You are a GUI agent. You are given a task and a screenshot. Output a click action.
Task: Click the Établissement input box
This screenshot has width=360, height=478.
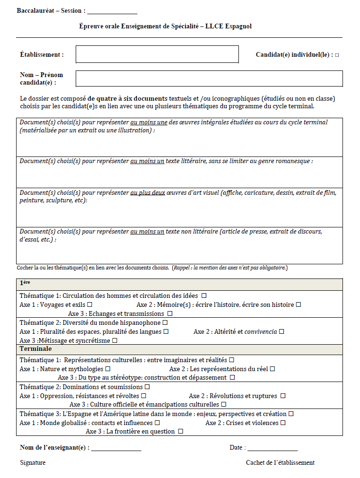pos(157,54)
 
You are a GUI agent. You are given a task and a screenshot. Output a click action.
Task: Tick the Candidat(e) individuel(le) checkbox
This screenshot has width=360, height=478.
pos(337,55)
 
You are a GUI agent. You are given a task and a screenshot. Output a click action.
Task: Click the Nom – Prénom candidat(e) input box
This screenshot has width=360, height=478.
pos(209,78)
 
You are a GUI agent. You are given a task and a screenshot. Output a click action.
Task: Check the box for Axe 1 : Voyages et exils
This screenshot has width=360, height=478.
pos(89,305)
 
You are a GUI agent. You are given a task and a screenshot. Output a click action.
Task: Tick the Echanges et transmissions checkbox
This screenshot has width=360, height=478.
pos(170,313)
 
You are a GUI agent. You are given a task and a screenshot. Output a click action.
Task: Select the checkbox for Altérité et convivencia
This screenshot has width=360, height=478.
pos(281,332)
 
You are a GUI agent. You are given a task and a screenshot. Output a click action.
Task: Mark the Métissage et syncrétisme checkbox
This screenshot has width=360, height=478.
pos(114,340)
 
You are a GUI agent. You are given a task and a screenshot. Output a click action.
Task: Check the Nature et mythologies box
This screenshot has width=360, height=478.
pos(108,369)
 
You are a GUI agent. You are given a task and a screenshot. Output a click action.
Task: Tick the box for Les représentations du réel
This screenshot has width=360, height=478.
pos(272,369)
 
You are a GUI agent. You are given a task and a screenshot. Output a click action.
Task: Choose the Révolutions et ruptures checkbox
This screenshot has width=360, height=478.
pos(283,396)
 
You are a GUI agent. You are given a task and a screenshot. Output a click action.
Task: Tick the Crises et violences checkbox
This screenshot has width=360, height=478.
pos(283,423)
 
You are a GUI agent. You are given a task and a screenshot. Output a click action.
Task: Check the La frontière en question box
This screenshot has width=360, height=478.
pos(180,432)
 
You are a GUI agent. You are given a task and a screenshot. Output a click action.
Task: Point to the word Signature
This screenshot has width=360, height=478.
pos(33,463)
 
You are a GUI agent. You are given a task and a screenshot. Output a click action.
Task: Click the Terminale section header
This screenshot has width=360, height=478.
pos(36,349)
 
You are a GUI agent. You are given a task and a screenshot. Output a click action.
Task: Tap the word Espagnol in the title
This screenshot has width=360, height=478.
pos(239,26)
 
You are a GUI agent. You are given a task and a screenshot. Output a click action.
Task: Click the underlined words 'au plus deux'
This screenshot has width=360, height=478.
pos(148,193)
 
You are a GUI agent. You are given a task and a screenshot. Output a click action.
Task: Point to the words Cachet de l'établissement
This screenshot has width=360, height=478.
pos(280,463)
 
